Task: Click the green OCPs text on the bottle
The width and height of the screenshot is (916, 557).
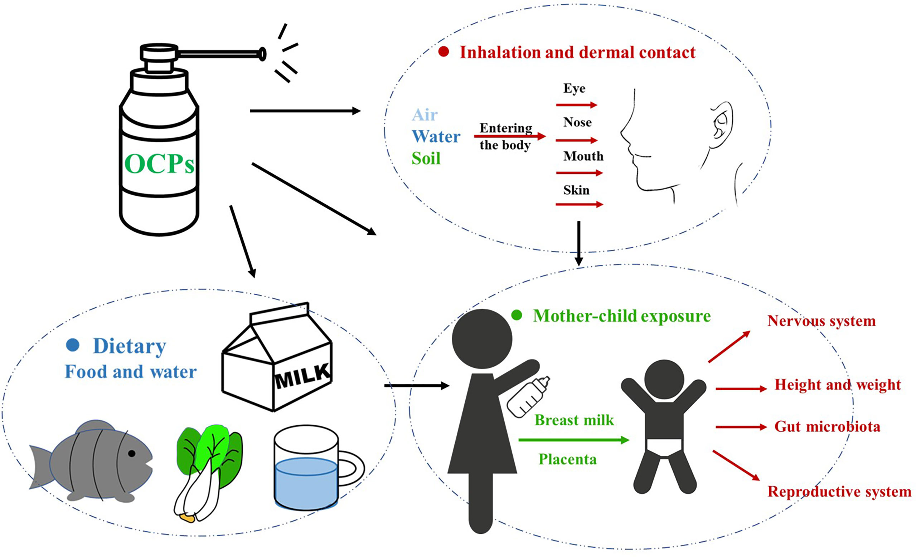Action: (x=159, y=164)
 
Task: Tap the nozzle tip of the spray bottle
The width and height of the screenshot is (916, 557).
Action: (x=262, y=54)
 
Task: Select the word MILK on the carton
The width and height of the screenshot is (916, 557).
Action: (x=302, y=376)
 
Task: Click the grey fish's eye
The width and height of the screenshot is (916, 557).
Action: (x=132, y=453)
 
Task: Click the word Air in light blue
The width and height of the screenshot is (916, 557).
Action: (x=425, y=115)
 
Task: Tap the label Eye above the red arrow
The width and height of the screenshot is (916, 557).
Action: (x=575, y=88)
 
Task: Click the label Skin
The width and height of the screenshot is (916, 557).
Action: (x=576, y=190)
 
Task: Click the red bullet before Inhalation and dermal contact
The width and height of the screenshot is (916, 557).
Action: (x=443, y=52)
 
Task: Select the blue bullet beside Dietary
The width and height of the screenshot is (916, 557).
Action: (x=73, y=345)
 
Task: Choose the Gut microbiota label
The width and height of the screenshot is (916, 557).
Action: (x=827, y=426)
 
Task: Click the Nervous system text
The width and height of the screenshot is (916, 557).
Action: (x=822, y=321)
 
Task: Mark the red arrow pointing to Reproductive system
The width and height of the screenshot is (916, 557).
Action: (x=736, y=465)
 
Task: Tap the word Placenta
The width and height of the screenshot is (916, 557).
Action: (x=568, y=460)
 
